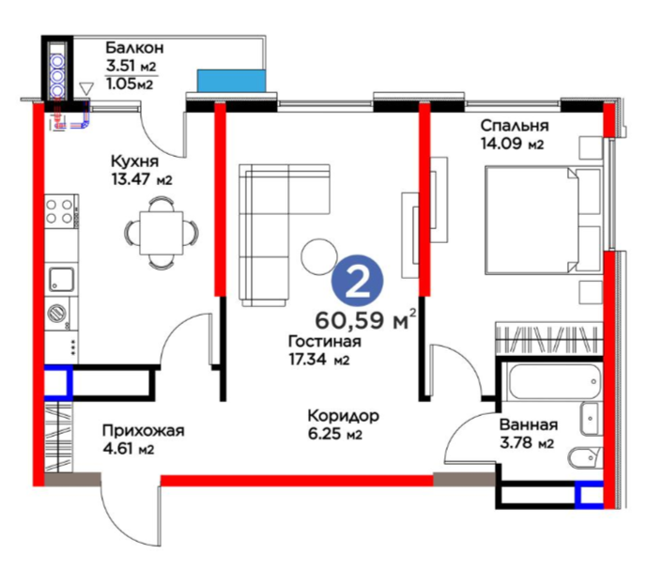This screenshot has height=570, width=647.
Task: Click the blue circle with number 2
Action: point(358,282)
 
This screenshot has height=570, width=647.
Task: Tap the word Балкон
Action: point(135,48)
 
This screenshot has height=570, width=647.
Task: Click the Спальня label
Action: point(515,125)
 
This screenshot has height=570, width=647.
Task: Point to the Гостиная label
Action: point(325,341)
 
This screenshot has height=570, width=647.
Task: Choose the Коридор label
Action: point(344,416)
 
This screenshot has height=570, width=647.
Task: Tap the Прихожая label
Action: point(143,431)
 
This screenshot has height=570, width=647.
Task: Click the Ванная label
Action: point(529,424)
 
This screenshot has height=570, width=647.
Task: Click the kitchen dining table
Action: point(162,233)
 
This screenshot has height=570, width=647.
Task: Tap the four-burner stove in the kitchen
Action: point(59,211)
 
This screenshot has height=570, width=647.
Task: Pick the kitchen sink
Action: point(62,279)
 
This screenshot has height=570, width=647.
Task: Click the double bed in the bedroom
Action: point(543,220)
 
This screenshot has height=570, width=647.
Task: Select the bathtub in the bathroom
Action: point(554,380)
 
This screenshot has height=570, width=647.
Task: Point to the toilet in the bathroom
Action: point(586,458)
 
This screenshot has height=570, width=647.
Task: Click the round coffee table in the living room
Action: point(319,256)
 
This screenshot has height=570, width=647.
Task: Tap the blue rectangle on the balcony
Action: point(231,81)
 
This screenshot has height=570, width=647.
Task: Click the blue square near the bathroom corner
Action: point(589,494)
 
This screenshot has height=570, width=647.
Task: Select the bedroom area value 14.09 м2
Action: point(512,144)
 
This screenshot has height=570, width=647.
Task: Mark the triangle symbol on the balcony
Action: point(85,89)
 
